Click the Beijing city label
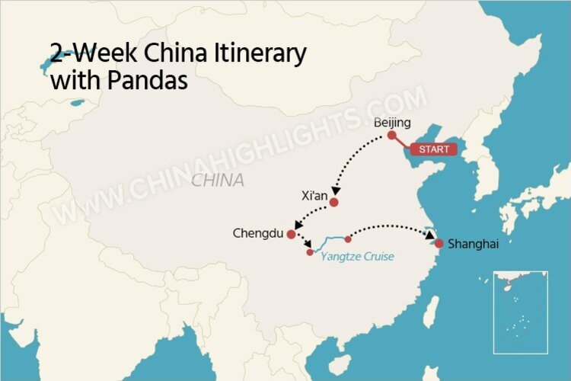coord(393,123)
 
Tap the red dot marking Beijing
coord(392,136)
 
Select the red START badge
coord(429,149)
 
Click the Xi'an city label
coord(314,196)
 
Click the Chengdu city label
coord(258,233)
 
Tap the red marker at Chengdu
coord(291,235)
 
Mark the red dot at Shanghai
coord(439,244)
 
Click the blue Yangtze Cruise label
coord(357,257)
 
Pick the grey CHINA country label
coord(218,181)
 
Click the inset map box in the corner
coord(520,312)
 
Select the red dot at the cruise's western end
coord(310,252)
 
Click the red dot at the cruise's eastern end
coord(348,239)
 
